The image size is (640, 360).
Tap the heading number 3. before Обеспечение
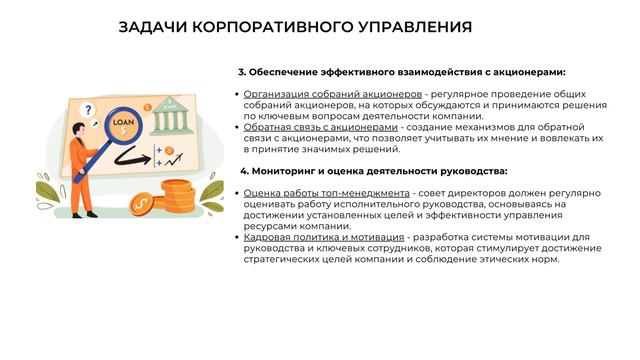242,72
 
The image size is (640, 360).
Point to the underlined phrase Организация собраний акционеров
324,94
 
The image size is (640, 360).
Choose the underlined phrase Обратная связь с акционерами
321,127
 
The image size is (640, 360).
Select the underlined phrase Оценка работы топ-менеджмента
327,192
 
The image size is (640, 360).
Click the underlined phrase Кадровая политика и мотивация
322,237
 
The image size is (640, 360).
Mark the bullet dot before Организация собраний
235,94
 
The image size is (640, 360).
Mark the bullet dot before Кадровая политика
235,237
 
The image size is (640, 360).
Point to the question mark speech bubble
89,110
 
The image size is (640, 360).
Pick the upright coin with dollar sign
141,203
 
